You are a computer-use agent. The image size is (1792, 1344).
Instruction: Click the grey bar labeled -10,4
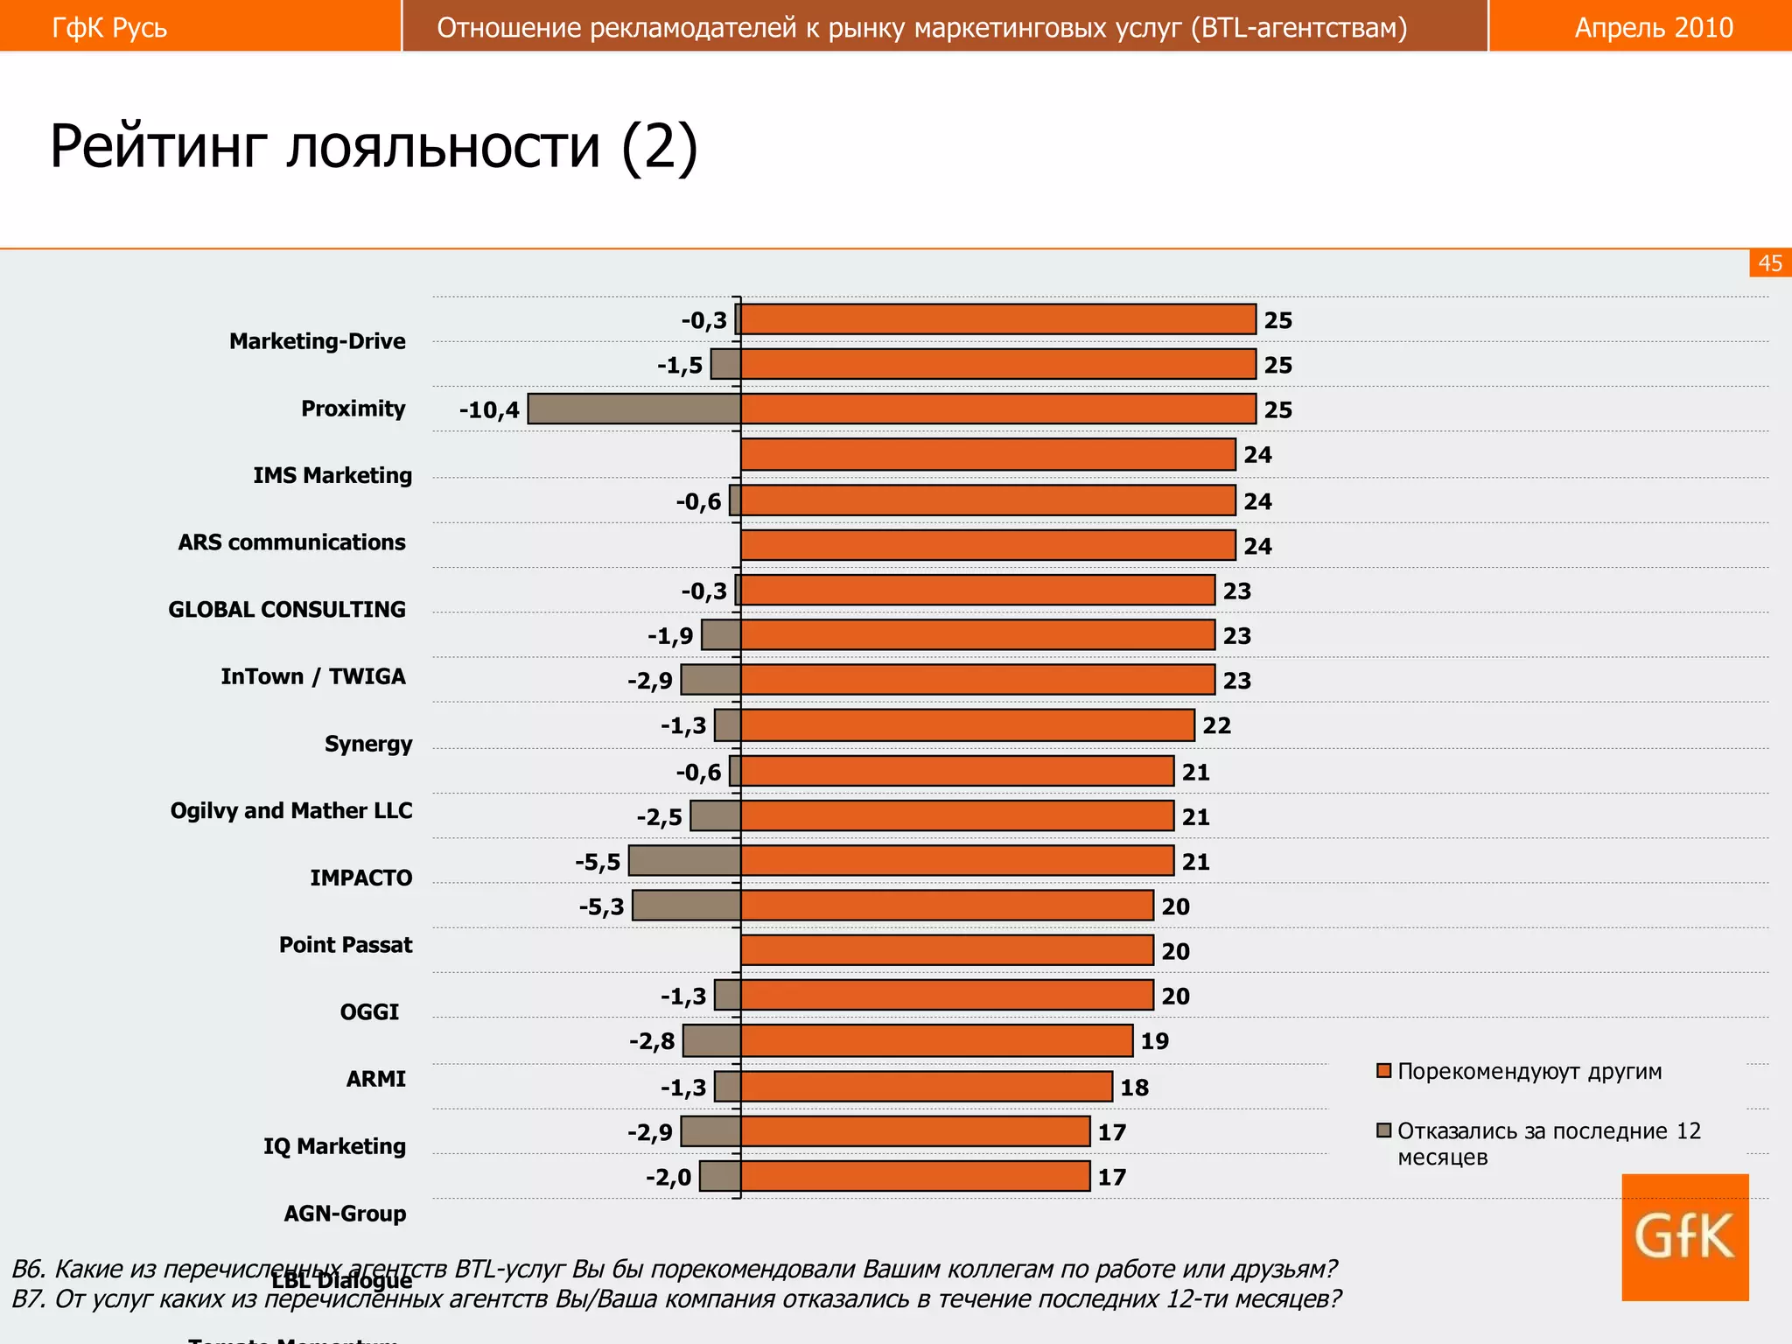coord(634,409)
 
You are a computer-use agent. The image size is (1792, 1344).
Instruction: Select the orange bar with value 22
coord(967,725)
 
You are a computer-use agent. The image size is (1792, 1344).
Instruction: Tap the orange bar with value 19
coord(936,1041)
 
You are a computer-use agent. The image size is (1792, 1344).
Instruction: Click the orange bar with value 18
coord(926,1087)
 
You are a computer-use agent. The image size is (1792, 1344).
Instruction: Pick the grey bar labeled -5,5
coord(685,861)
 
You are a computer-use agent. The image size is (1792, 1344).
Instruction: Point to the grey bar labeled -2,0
coord(720,1177)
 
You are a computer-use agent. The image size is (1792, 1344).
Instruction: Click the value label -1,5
coord(680,366)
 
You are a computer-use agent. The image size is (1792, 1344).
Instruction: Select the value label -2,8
coord(652,1041)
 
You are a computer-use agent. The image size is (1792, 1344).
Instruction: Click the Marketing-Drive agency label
coord(318,341)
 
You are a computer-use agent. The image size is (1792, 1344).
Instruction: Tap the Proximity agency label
coord(353,409)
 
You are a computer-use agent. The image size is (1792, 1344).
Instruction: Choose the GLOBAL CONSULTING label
coord(287,610)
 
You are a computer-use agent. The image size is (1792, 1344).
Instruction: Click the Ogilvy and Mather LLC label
coord(291,811)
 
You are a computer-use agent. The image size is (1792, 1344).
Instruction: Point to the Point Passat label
coord(346,945)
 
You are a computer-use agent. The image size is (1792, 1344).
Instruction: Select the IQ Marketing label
coord(334,1146)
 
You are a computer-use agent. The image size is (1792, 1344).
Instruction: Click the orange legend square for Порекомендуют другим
coord(1384,1071)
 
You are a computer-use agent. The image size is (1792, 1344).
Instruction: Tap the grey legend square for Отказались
coord(1384,1131)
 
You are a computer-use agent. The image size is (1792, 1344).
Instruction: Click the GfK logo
coord(1684,1237)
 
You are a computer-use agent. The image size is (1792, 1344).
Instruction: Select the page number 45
coord(1770,263)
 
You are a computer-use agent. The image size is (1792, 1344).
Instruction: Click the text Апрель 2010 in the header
coord(1654,28)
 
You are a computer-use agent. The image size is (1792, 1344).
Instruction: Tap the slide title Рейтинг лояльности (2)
coord(374,146)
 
